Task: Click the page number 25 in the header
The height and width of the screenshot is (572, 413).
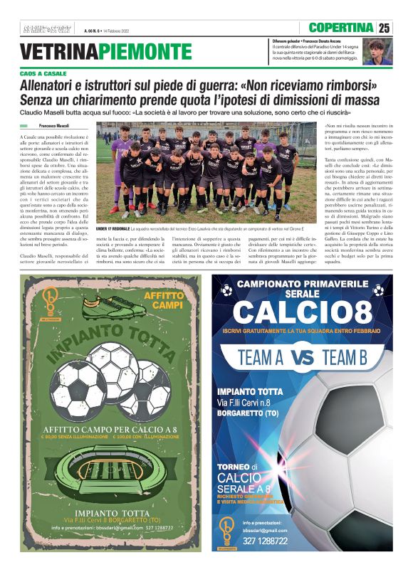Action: tap(385, 28)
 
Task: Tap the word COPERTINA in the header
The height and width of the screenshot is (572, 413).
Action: tap(343, 28)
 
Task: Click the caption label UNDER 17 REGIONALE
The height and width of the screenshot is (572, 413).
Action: tap(113, 228)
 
